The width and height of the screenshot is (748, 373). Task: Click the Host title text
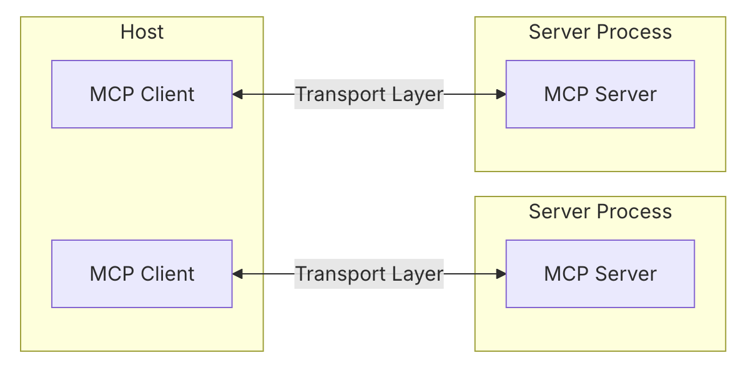coord(142,32)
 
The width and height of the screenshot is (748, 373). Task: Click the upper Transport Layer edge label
coord(368,94)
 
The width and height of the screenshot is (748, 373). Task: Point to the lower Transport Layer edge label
coord(368,274)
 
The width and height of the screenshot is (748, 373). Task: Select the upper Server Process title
coord(599,32)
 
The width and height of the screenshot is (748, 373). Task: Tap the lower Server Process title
coord(599,211)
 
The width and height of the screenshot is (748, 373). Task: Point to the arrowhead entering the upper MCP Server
coord(501,94)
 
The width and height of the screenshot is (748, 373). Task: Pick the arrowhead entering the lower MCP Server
coord(501,274)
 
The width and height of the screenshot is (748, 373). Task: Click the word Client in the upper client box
coord(167,94)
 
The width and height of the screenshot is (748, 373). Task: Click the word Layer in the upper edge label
coord(418,94)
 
